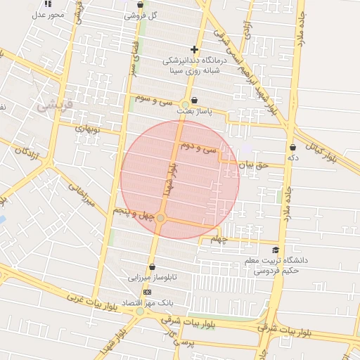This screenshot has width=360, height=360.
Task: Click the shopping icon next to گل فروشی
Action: click(x=141, y=5)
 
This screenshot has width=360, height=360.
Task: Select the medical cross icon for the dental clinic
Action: click(x=194, y=49)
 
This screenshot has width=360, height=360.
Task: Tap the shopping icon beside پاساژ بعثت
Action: click(x=194, y=100)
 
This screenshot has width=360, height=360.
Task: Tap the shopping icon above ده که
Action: click(x=292, y=148)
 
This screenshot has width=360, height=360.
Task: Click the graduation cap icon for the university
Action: click(x=275, y=250)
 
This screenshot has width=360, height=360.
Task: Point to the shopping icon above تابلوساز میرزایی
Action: click(x=152, y=266)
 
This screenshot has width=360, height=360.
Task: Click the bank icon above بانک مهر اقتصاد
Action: click(x=147, y=291)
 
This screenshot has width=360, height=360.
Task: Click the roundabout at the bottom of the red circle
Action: click(x=161, y=219)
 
